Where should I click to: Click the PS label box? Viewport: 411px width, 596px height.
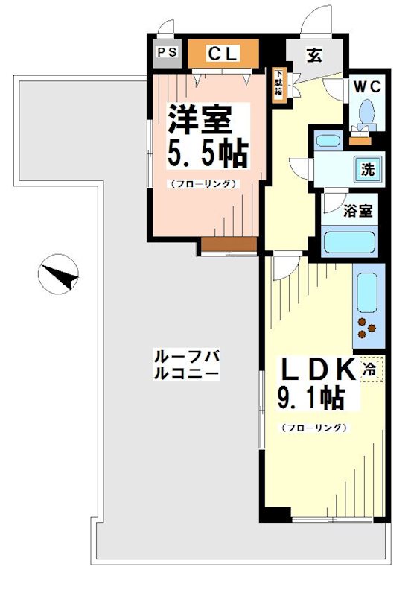coord(165,53)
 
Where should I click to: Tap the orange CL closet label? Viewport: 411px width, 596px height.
coord(222,53)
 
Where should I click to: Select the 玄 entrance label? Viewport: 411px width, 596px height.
coord(313,54)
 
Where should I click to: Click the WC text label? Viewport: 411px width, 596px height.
coord(366,86)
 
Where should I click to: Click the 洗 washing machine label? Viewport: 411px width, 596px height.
coord(367,169)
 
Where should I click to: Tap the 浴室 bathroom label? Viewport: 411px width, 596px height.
coord(357,211)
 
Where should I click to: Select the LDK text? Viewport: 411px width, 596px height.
coord(315,370)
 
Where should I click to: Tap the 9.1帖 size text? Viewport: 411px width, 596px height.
coord(312,399)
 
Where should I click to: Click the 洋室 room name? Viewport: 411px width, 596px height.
coord(200,119)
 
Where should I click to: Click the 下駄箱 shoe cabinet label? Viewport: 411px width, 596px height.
coord(278,83)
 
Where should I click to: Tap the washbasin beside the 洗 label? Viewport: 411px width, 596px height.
coord(325,141)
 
